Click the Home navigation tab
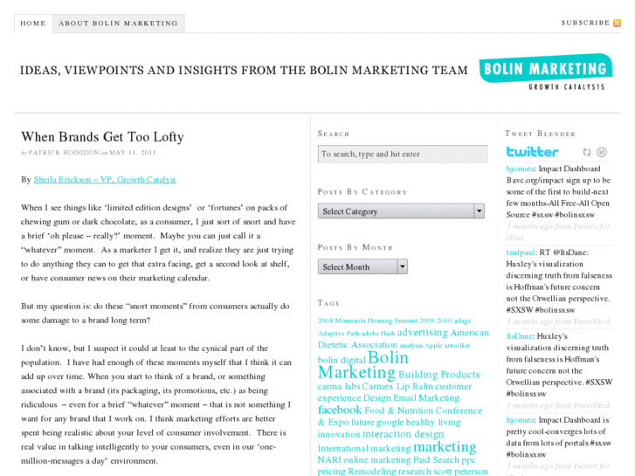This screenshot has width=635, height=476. [x=33, y=24]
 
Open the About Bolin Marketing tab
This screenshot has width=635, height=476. [x=118, y=24]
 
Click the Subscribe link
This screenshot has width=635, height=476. [x=585, y=23]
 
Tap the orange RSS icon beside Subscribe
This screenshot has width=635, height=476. [x=617, y=23]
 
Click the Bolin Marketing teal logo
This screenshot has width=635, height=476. [x=544, y=72]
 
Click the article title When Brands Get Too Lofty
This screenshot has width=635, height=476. [x=102, y=137]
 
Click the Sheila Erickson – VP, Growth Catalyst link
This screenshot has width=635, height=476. [x=105, y=179]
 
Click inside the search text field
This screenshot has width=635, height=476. [x=402, y=154]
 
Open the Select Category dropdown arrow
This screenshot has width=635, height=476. [x=479, y=210]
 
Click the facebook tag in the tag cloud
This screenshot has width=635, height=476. [x=340, y=410]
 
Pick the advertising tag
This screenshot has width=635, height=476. [x=422, y=332]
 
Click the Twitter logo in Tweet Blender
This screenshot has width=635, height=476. [x=532, y=152]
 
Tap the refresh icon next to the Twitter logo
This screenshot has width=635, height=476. [x=587, y=152]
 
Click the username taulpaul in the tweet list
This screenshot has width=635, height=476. [x=521, y=252]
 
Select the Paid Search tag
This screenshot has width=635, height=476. [x=435, y=460]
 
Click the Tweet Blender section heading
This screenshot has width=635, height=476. [x=540, y=134]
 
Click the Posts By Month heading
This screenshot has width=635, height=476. [x=355, y=247]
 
